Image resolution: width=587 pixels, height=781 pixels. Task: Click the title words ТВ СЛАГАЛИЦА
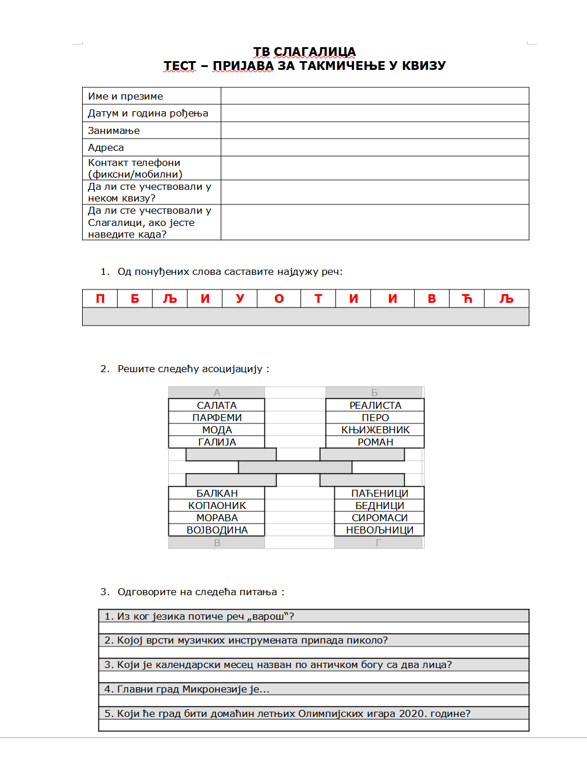pos(304,52)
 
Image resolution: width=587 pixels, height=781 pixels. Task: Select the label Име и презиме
pos(125,96)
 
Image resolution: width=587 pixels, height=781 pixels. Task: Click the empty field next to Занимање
pos(374,130)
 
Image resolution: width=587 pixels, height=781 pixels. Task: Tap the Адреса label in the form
pos(106,147)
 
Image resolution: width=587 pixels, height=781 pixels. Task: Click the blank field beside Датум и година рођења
pos(374,113)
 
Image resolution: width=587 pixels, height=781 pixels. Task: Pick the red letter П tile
pos(100,299)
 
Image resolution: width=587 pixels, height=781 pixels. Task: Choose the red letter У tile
pos(240,299)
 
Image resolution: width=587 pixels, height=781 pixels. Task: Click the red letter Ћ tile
pos(466,299)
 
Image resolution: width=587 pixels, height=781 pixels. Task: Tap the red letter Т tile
pos(318,299)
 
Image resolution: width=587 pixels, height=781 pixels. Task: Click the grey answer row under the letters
pos(305,316)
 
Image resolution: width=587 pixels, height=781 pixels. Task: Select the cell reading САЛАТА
pos(217,405)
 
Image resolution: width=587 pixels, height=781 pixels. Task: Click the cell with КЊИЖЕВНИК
pos(375,430)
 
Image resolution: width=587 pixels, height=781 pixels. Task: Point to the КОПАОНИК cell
pos(217,506)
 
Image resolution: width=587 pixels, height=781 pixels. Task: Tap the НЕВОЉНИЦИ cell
pos(379,530)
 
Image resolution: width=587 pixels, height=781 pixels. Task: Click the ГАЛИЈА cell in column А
pos(217,442)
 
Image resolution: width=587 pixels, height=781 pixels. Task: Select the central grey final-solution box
pos(295,467)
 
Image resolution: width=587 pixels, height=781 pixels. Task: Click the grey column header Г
pos(379,543)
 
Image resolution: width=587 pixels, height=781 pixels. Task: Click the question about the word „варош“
pos(199,616)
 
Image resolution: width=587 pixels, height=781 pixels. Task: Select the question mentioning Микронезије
pos(186,689)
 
